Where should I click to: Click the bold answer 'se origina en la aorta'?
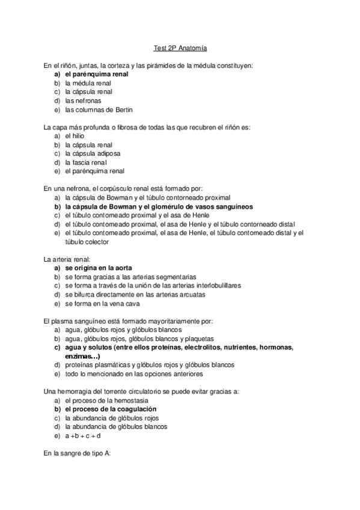coord(99,268)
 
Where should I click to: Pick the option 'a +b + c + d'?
coord(82,435)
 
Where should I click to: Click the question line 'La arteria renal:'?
coord(66,259)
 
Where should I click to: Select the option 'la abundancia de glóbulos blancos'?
coord(116,426)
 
